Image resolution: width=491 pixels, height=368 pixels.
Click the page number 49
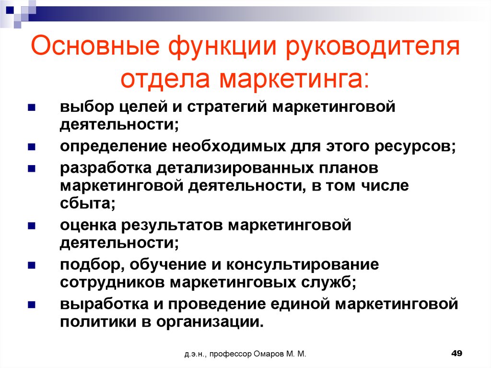tap(456, 353)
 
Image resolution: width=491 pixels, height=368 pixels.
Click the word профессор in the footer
tap(231, 354)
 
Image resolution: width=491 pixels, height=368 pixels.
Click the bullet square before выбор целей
tap(32, 108)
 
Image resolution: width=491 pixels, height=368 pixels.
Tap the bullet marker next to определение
tap(32, 147)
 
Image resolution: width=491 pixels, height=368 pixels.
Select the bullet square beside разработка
tap(32, 169)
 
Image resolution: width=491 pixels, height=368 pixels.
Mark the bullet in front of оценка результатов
tap(32, 226)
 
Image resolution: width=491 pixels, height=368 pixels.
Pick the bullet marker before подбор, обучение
tap(32, 265)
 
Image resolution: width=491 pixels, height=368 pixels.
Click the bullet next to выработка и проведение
tap(32, 305)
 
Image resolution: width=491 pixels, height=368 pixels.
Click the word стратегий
tap(227, 107)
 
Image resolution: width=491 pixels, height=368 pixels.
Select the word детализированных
tap(235, 168)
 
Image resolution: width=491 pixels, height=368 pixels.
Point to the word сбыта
tap(88, 203)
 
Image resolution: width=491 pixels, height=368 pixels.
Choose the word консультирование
tap(303, 265)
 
